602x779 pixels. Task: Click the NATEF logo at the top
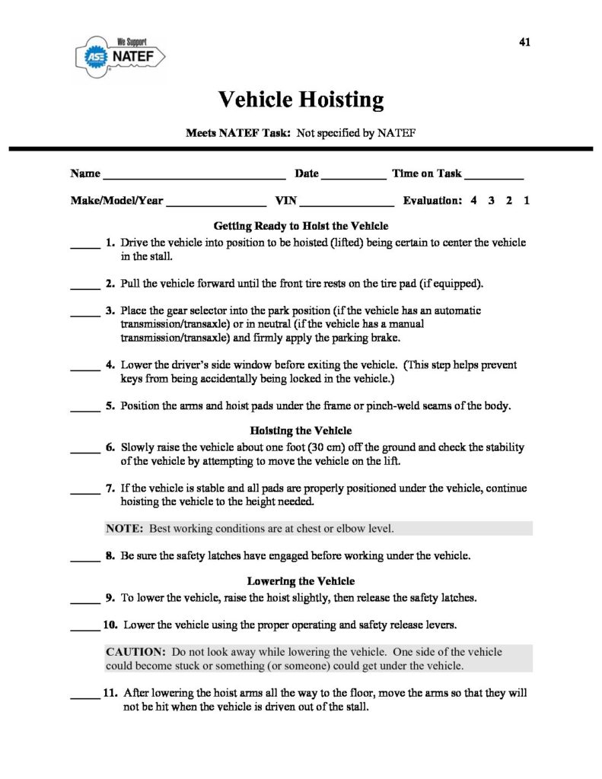point(121,54)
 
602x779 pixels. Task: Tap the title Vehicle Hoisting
point(301,99)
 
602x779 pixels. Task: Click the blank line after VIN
point(347,203)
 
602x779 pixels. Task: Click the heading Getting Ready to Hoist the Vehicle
point(301,227)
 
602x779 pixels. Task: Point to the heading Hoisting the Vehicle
point(301,431)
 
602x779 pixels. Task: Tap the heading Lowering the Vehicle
point(301,581)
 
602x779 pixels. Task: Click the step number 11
point(110,693)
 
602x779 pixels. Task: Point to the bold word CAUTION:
point(135,653)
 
